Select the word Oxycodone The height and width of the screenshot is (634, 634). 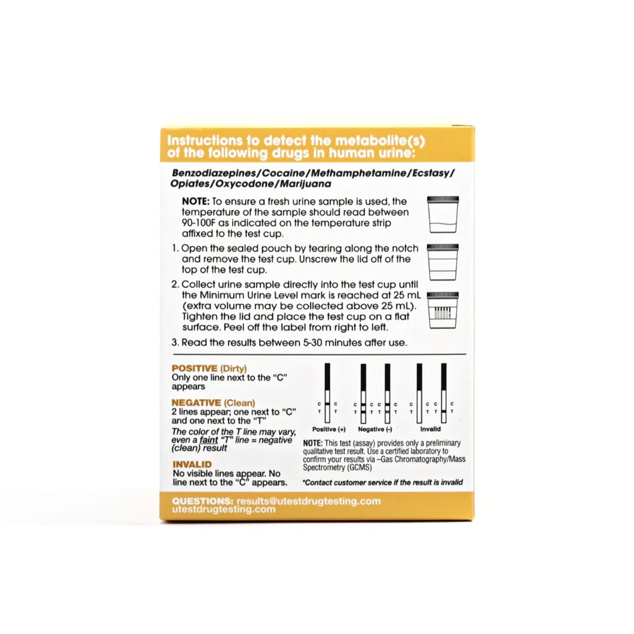(247, 184)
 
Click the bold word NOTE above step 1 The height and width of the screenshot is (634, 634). (196, 202)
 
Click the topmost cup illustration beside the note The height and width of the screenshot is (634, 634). (443, 215)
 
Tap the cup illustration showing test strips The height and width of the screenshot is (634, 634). (443, 310)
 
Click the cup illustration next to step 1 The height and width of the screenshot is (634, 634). (443, 263)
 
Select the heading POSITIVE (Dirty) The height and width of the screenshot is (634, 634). (209, 369)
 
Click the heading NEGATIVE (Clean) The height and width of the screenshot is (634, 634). (213, 403)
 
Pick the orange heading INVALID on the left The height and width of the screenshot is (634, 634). (192, 465)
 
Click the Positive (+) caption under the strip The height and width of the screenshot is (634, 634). (329, 429)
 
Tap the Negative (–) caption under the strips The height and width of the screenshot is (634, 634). (375, 429)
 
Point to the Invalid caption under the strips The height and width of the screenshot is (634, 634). (430, 429)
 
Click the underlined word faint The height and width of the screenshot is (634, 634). (209, 440)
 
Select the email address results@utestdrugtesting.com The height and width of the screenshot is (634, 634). (309, 501)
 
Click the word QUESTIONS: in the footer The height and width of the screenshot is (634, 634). (203, 501)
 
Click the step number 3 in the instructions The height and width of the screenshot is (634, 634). (174, 343)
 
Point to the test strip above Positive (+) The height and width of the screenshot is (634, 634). (327, 391)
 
